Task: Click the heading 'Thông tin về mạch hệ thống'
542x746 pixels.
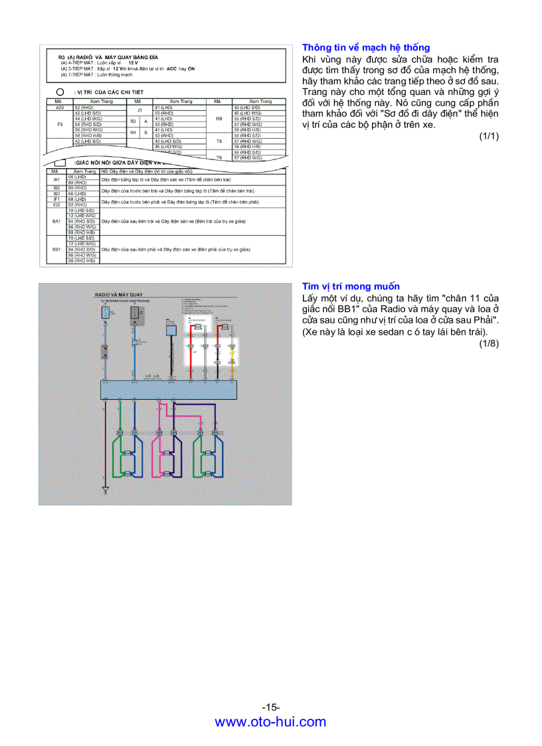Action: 366,47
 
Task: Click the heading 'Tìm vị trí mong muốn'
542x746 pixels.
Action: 351,286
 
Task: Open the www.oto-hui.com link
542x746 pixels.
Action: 270,722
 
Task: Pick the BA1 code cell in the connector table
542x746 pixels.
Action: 56,221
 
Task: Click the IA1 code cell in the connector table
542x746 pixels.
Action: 56,179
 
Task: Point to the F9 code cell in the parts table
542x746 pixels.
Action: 60,124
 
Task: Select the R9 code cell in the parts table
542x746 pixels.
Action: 219,118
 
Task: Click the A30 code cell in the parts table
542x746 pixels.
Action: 60,107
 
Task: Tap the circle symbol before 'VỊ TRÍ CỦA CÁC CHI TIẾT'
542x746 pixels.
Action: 60,91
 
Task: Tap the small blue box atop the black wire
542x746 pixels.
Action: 171,329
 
